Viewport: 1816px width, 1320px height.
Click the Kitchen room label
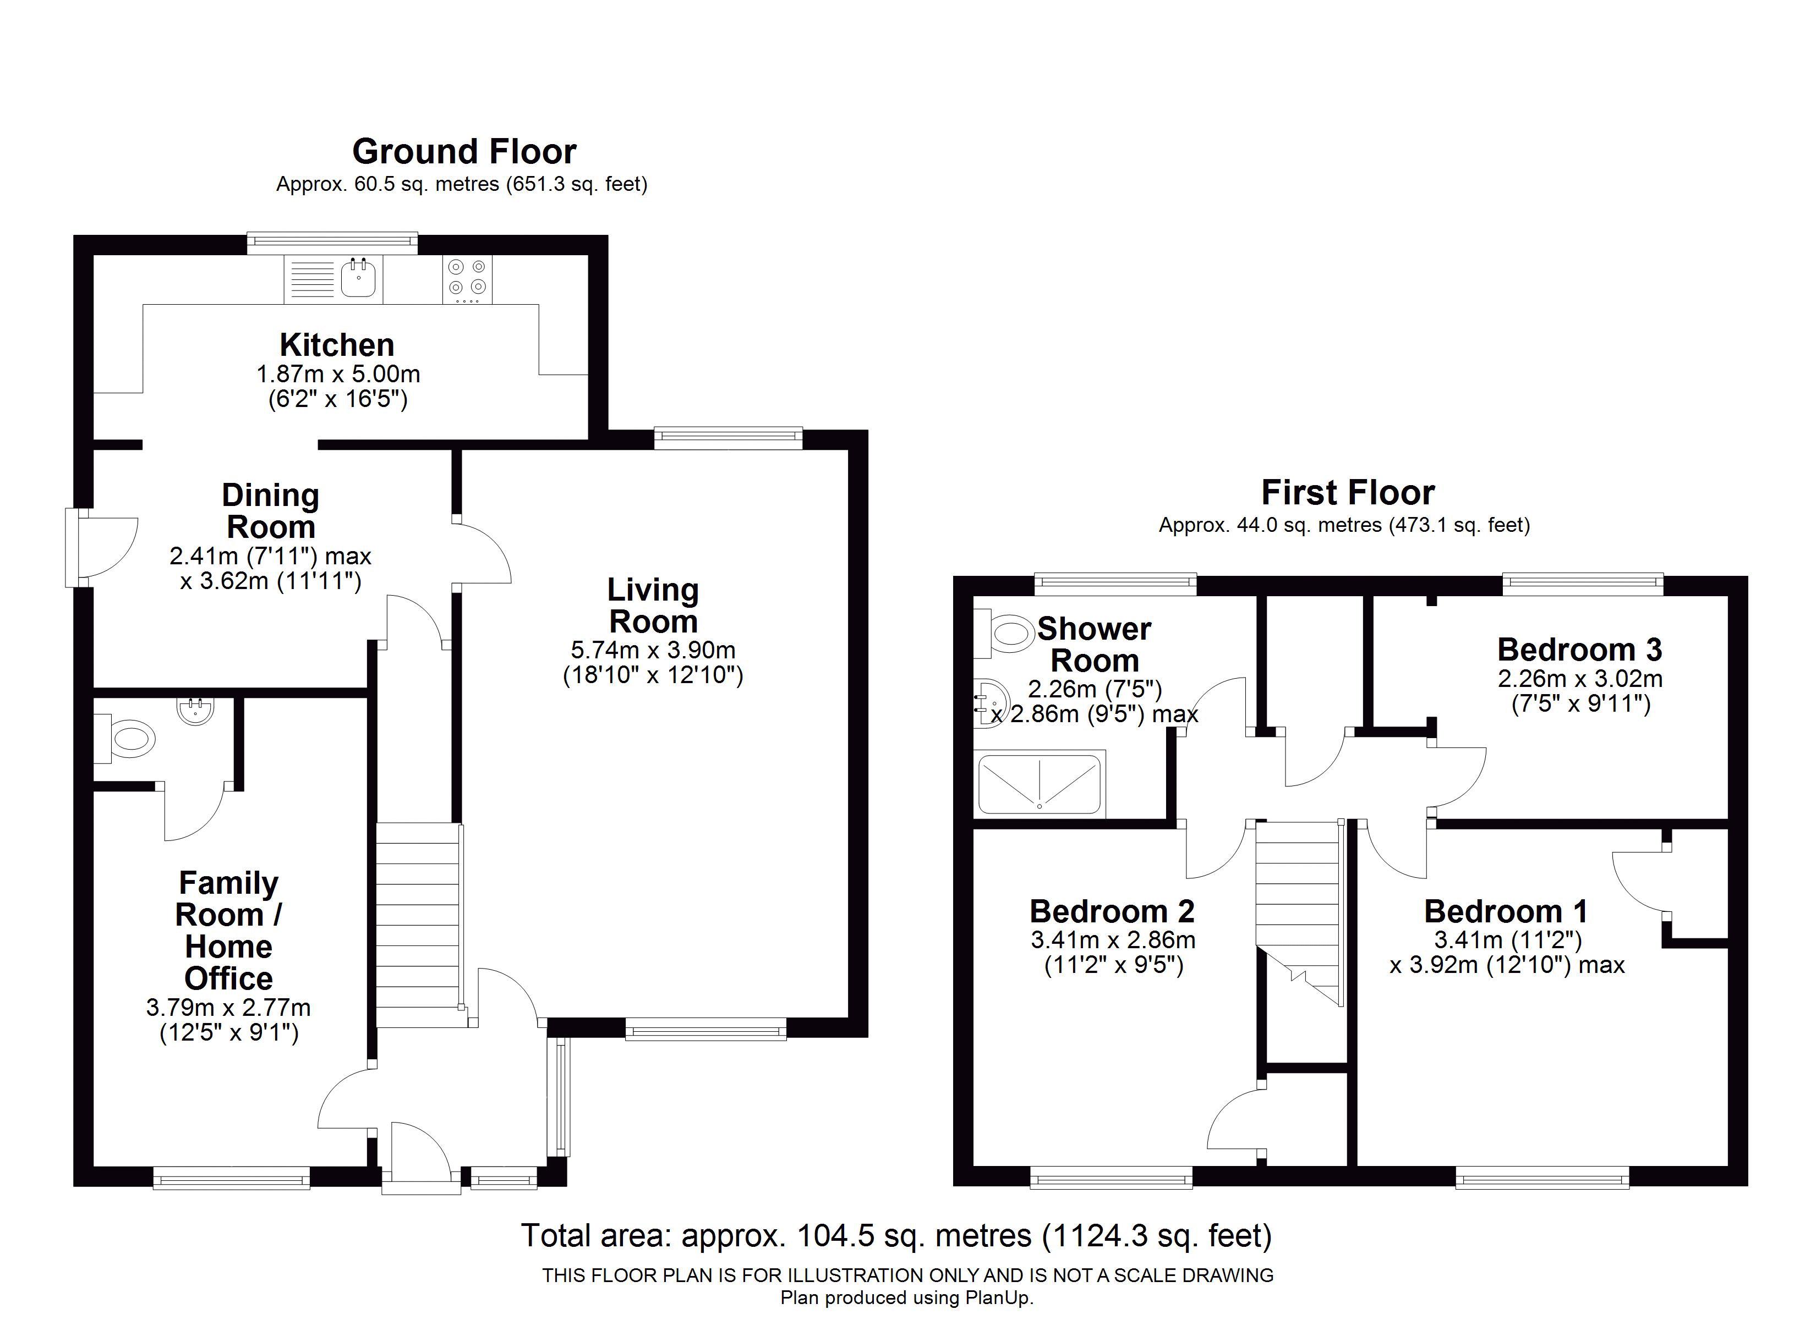pyautogui.click(x=337, y=345)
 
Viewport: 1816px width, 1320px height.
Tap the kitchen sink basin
pyautogui.click(x=359, y=278)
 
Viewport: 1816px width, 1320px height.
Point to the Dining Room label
pyautogui.click(x=271, y=511)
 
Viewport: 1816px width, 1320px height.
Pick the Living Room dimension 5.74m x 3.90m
pyautogui.click(x=653, y=650)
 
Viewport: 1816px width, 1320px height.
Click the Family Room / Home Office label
pyautogui.click(x=229, y=930)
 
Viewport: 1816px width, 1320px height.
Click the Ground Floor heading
pyautogui.click(x=464, y=151)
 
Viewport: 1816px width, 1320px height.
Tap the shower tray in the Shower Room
pyautogui.click(x=1040, y=784)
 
